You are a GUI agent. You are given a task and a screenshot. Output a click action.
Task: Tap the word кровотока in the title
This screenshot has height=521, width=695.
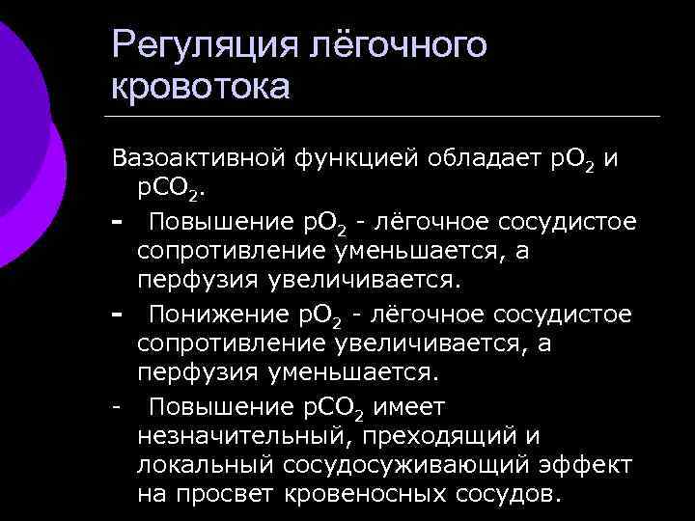coord(201,87)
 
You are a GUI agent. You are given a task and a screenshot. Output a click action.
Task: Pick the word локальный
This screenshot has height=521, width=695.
coord(205,465)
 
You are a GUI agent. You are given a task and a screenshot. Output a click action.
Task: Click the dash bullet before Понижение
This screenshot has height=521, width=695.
coord(117,315)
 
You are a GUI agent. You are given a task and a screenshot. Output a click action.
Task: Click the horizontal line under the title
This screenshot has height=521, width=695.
coord(386,117)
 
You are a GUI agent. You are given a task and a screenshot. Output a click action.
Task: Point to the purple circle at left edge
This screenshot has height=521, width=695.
coord(24,145)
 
